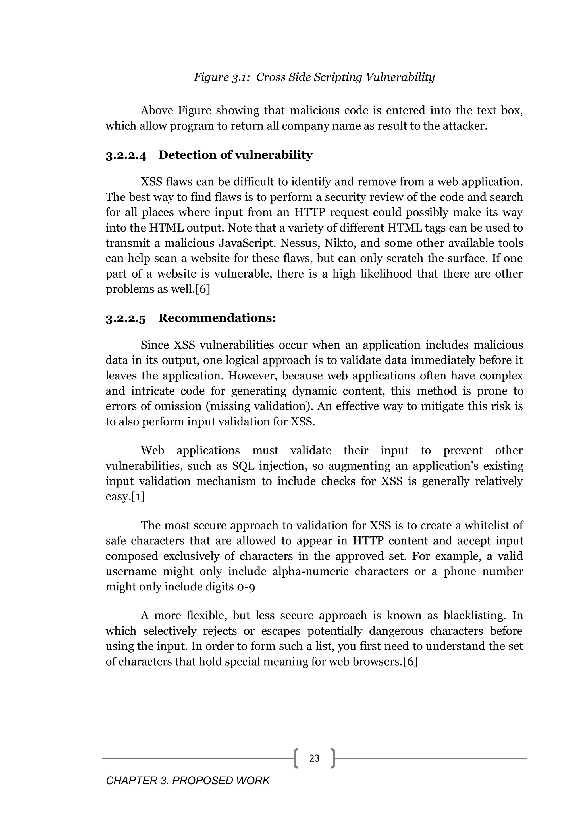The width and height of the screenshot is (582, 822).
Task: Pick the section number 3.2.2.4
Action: [x=126, y=155]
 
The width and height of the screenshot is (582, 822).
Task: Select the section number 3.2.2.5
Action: [x=126, y=318]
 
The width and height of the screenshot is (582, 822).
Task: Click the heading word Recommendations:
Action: [x=217, y=318]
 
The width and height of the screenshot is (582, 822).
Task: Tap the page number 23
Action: [x=314, y=758]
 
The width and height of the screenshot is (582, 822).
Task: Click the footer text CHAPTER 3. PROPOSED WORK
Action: [x=188, y=781]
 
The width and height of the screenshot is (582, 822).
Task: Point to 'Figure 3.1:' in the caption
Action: [x=221, y=77]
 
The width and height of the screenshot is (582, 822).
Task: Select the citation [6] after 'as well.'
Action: [x=203, y=289]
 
